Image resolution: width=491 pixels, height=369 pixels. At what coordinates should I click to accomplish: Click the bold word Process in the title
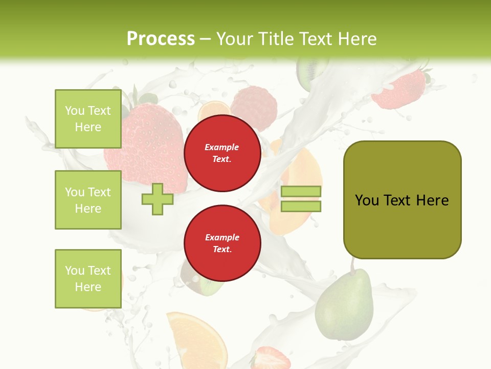pyautogui.click(x=161, y=39)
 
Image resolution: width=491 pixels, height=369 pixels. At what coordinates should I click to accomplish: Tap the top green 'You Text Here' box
pyautogui.click(x=88, y=119)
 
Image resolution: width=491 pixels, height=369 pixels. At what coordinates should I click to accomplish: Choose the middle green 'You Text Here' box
pyautogui.click(x=88, y=200)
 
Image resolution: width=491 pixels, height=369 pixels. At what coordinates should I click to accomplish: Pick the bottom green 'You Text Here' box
pyautogui.click(x=88, y=279)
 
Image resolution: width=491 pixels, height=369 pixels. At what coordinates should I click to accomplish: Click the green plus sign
pyautogui.click(x=158, y=199)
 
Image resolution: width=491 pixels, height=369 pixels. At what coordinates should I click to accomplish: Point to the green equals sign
pyautogui.click(x=301, y=199)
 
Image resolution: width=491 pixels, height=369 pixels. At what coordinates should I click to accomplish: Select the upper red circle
pyautogui.click(x=222, y=153)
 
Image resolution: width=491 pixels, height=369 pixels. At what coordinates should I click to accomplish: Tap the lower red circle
pyautogui.click(x=222, y=243)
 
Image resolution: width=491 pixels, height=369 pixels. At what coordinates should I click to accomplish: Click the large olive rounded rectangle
pyautogui.click(x=402, y=200)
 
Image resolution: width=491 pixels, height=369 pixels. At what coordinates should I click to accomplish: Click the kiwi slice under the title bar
pyautogui.click(x=310, y=69)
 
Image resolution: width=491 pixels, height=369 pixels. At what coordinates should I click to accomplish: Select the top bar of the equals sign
pyautogui.click(x=301, y=191)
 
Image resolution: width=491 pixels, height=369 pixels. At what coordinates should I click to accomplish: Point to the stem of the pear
pyautogui.click(x=352, y=264)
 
